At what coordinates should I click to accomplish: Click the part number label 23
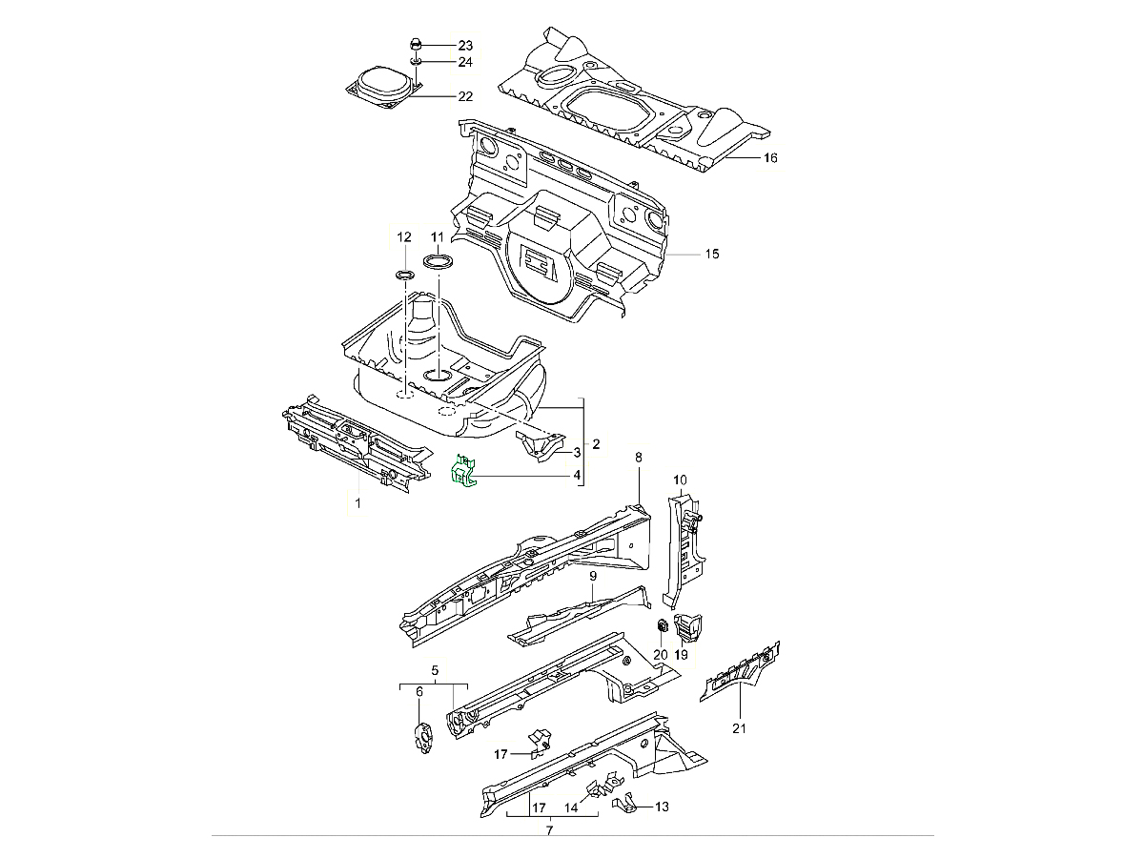[464, 46]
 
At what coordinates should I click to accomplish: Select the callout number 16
[770, 157]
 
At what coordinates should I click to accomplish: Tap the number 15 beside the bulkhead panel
[711, 255]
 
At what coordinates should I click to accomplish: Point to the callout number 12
[403, 236]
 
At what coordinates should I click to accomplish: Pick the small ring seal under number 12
[403, 276]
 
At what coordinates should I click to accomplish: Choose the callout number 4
[577, 475]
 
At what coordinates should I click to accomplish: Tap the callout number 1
[357, 501]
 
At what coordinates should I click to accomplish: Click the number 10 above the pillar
[680, 480]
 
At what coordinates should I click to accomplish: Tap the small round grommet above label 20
[660, 626]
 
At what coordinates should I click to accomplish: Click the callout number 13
[662, 807]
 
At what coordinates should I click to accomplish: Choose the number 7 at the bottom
[549, 831]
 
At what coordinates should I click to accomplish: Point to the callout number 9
[592, 577]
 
